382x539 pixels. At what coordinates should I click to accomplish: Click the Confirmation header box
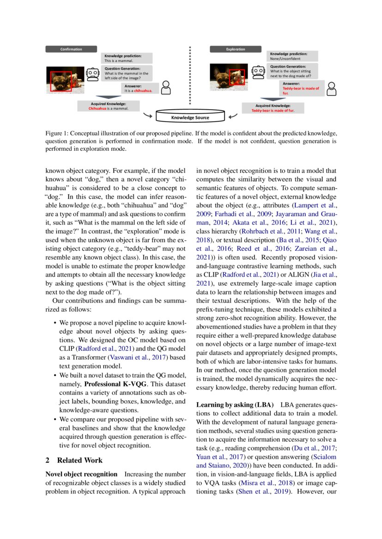71,49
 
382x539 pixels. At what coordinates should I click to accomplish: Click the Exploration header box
236,49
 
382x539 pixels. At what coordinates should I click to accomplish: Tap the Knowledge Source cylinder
190,117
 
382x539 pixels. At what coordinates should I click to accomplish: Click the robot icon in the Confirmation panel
93,74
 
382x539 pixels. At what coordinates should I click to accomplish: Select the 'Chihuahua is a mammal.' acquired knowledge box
109,106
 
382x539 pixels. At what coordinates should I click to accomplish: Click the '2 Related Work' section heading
74,460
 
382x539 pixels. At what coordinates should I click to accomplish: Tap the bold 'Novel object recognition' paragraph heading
81,474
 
